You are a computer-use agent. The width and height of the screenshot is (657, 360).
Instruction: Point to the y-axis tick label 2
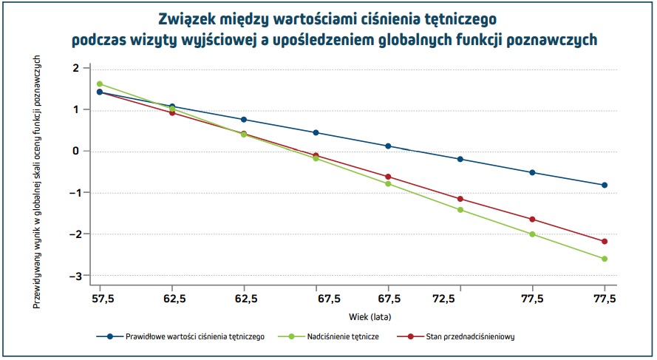pyautogui.click(x=75, y=68)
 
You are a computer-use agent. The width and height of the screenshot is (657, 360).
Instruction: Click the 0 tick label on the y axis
pyautogui.click(x=75, y=151)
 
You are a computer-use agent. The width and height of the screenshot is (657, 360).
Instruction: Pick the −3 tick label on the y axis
pyautogui.click(x=73, y=276)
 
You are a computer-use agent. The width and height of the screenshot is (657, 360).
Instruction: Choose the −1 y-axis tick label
pyautogui.click(x=73, y=193)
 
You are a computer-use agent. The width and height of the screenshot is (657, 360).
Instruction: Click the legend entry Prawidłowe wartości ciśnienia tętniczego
pyautogui.click(x=195, y=336)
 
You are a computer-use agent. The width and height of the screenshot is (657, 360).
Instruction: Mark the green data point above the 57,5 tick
pyautogui.click(x=100, y=84)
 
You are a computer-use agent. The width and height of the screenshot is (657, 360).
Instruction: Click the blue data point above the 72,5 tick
pyautogui.click(x=460, y=159)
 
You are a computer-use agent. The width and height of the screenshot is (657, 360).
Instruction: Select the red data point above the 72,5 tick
pyautogui.click(x=460, y=199)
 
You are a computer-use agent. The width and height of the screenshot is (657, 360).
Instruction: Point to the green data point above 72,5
pyautogui.click(x=460, y=210)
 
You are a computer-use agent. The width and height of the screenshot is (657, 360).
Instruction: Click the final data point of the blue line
pyautogui.click(x=605, y=185)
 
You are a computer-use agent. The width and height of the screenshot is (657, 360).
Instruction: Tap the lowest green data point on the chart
pyautogui.click(x=605, y=259)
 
